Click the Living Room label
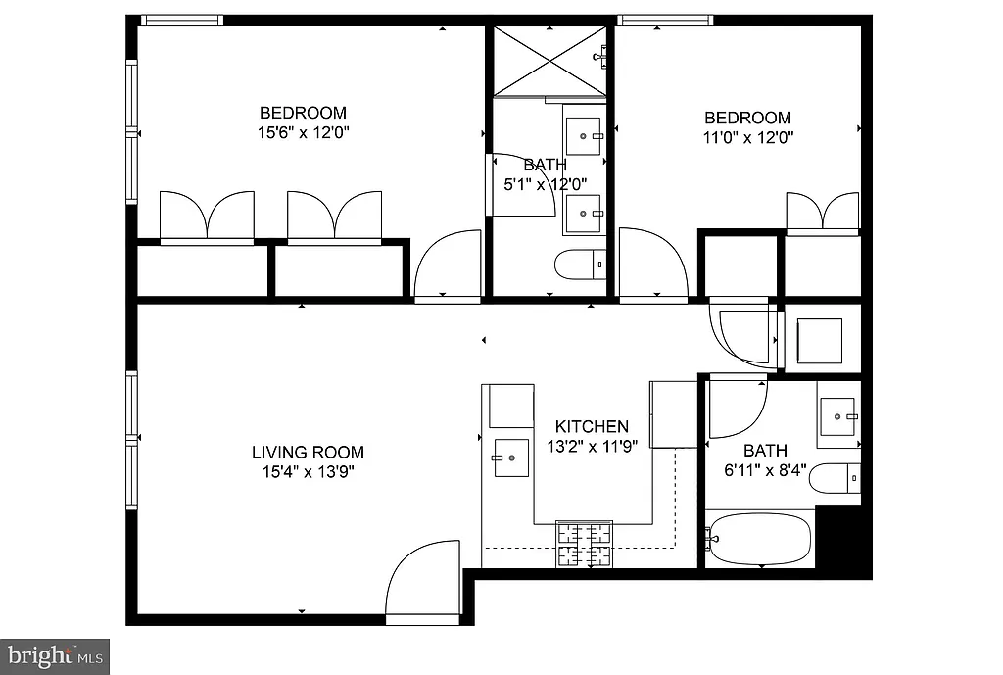(308, 453)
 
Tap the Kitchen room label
(592, 427)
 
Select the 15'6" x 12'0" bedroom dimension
(303, 132)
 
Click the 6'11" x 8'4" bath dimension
(765, 470)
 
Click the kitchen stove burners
(584, 545)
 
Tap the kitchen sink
(510, 457)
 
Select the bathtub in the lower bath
(759, 539)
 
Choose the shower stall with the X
(549, 61)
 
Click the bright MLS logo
(55, 655)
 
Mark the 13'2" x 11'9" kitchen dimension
(592, 446)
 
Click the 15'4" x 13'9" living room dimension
(308, 471)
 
